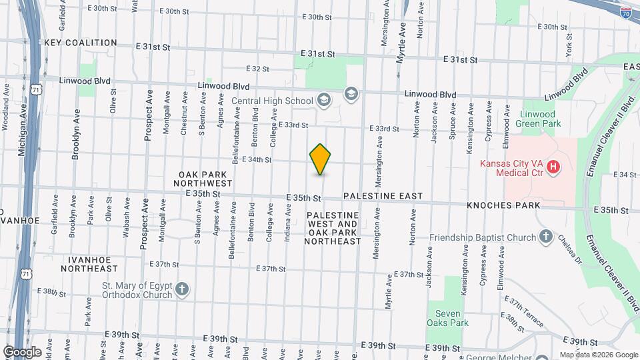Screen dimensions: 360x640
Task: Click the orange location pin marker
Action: coord(321,159)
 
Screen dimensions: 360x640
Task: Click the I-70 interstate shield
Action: coord(626,13)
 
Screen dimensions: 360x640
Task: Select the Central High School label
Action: coord(272,101)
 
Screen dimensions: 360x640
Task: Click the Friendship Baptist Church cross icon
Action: coord(545,237)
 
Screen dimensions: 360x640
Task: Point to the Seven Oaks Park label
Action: coord(447,318)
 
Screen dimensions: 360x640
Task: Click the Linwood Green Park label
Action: coord(539,119)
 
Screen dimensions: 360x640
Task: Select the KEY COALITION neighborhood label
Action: coord(81,43)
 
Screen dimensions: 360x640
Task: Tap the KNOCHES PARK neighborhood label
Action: coord(503,205)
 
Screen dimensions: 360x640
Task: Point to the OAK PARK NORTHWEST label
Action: coord(203,178)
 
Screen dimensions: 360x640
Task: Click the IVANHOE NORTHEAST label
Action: coord(89,263)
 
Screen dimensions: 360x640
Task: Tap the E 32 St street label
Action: coord(257,69)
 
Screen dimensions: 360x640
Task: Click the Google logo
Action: coord(22,352)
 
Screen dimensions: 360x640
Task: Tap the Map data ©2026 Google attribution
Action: coord(598,355)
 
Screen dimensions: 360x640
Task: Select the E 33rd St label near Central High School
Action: coord(293,125)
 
